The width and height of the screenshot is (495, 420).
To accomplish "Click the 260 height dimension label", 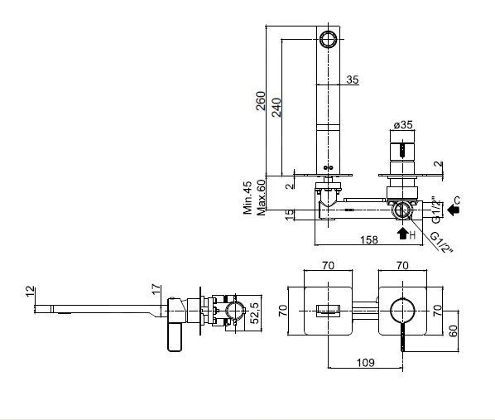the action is [x=261, y=101].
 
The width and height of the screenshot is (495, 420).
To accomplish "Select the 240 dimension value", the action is [x=276, y=108].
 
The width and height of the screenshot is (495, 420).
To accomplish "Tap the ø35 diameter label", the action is [x=403, y=124].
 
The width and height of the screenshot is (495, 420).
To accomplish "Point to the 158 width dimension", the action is [x=369, y=239].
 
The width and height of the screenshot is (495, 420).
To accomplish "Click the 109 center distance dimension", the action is [x=365, y=362].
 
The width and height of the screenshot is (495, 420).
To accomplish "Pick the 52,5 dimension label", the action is [x=254, y=313].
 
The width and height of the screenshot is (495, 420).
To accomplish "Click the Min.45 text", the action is [x=247, y=197].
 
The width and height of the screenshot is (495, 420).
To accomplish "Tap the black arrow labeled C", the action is [x=453, y=209].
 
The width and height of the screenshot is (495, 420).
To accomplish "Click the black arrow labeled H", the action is [x=403, y=234].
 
